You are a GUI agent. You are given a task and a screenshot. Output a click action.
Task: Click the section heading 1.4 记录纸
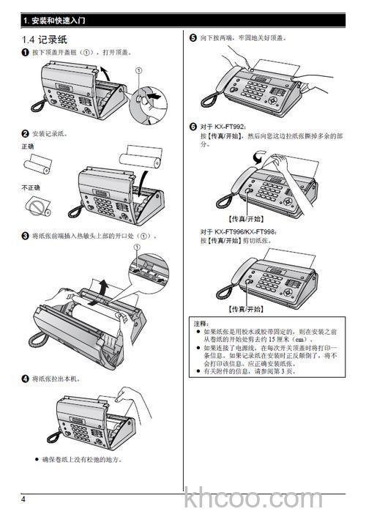(x=47, y=38)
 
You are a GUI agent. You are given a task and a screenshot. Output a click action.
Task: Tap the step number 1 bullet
(x=25, y=53)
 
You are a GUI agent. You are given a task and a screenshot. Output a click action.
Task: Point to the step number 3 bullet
(x=25, y=236)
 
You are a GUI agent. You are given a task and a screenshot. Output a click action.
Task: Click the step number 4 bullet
(x=25, y=379)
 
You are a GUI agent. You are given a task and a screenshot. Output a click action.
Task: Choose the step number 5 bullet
(x=193, y=37)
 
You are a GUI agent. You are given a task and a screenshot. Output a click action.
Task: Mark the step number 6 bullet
(x=193, y=127)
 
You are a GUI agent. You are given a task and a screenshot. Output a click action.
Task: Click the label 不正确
(x=31, y=188)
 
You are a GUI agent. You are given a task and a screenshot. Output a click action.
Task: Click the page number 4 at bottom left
(x=23, y=499)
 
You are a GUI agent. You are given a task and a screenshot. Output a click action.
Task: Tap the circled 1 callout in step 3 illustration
(x=136, y=249)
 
